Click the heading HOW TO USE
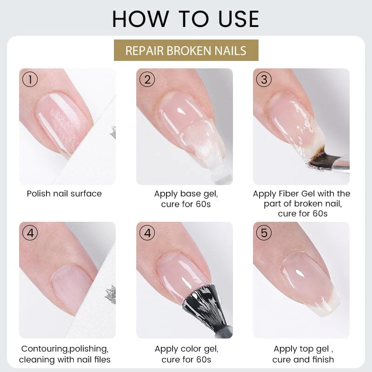(x=186, y=19)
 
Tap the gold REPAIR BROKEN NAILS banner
(x=186, y=50)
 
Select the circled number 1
(x=30, y=80)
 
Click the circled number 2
(x=147, y=80)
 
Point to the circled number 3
(x=264, y=80)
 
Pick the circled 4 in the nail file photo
(x=30, y=233)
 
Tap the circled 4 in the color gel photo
(x=147, y=233)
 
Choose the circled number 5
(x=264, y=233)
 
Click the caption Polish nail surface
(x=64, y=193)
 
